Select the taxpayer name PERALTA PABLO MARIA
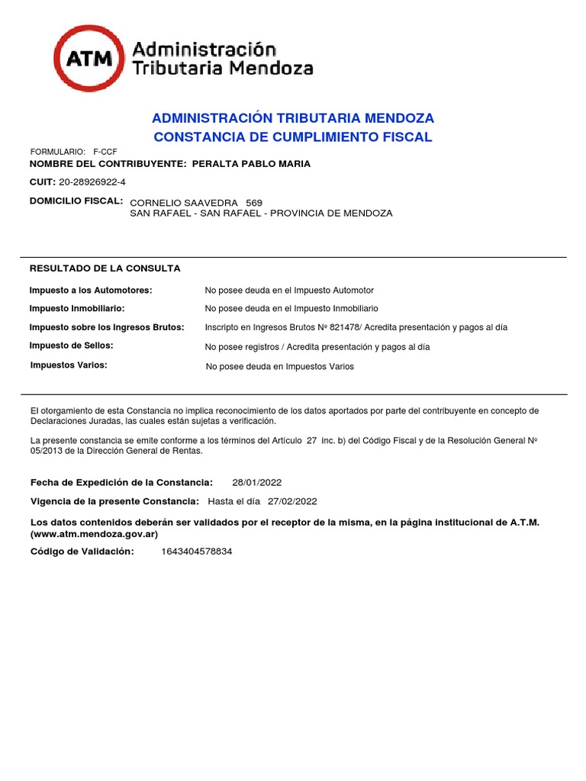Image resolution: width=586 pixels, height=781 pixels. (251, 164)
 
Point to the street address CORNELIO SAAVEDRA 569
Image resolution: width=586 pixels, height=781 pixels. (197, 203)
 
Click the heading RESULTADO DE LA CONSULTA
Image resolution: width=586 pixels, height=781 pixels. (105, 268)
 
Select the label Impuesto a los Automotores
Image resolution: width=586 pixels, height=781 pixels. (91, 291)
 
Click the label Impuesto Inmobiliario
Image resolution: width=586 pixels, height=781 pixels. (77, 309)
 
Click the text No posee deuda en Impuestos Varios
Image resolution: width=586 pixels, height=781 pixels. (280, 367)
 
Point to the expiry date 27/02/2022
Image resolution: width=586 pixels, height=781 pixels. (292, 502)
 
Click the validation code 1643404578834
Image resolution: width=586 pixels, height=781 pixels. (197, 551)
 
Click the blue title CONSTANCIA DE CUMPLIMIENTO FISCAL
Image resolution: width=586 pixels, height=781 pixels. (293, 137)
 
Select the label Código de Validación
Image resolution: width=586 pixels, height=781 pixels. (82, 551)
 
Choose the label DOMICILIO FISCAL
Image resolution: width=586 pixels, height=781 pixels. (76, 201)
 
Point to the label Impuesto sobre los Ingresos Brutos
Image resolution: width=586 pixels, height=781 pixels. (107, 327)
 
